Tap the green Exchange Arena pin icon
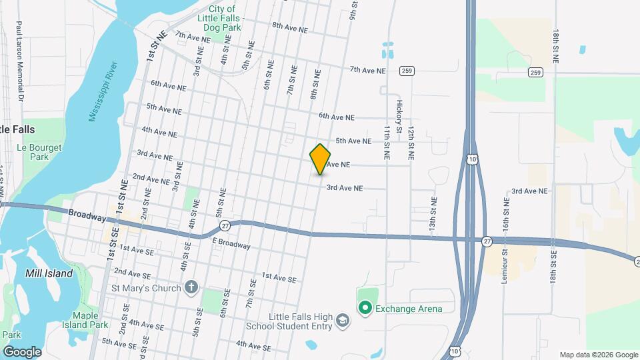[365, 308]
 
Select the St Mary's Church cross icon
[191, 288]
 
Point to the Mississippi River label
[103, 91]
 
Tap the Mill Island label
[49, 273]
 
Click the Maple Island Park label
[91, 320]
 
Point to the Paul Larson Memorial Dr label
[20, 60]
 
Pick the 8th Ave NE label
[290, 29]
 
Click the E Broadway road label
[231, 244]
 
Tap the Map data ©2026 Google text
[598, 355]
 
